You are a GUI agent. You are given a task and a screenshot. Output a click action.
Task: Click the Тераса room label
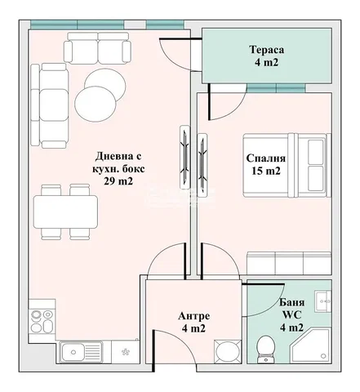point(267,50)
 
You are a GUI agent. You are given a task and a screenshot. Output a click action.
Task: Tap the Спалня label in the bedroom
point(266,158)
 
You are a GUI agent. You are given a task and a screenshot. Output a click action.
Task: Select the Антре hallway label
point(194,316)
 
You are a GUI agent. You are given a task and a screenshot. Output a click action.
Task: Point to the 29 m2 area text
point(118,181)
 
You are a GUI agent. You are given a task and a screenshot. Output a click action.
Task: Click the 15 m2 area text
point(266,171)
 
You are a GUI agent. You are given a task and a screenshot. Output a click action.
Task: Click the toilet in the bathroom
point(265,350)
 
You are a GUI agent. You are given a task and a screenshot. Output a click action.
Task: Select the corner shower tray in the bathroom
point(310,345)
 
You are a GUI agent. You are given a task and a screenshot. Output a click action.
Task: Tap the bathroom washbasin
point(323,301)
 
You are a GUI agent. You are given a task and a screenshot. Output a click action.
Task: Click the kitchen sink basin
point(72,352)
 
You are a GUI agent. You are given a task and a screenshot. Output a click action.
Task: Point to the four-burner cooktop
point(42,322)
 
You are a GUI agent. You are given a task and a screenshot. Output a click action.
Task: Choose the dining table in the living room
point(65,212)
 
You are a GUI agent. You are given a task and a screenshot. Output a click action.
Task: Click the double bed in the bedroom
point(287,165)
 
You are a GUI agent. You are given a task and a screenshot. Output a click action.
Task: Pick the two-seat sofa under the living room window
point(97,48)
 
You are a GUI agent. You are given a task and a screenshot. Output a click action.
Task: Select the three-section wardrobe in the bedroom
point(289,264)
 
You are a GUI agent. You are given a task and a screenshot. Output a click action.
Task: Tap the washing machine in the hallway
point(228,351)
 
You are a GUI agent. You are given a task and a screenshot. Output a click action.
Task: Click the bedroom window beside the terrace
point(276,88)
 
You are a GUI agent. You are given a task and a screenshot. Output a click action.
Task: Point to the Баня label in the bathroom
point(292,302)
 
